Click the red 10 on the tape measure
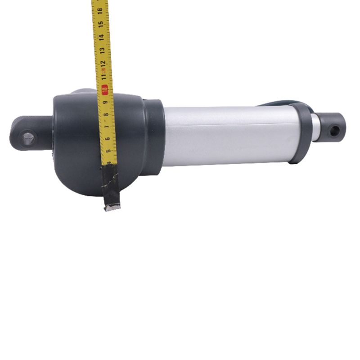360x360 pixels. (105, 90)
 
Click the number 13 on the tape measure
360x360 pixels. (103, 50)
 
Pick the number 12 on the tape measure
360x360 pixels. (103, 63)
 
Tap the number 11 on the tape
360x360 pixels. (104, 76)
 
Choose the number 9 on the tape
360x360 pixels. (105, 103)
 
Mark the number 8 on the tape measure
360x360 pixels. (106, 116)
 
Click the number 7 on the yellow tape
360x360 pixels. (107, 128)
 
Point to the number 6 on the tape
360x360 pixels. (108, 140)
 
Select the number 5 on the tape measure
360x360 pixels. (109, 152)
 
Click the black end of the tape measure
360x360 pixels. (111, 187)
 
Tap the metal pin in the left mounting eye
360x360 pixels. (28, 138)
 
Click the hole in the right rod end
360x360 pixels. (334, 131)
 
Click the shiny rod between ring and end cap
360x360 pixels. (316, 127)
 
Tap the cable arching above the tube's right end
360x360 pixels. (279, 103)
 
